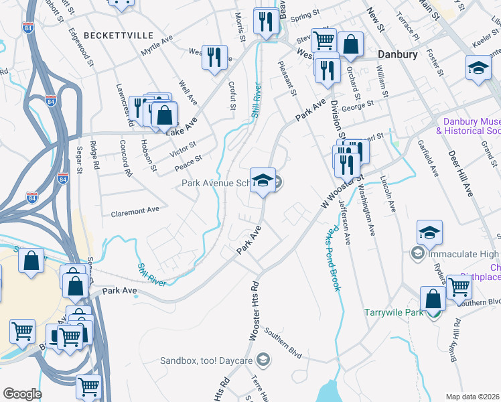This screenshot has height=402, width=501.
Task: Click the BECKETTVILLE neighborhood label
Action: [119, 35]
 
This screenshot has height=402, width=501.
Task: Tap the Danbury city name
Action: [398, 54]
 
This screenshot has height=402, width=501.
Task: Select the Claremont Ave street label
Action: [135, 210]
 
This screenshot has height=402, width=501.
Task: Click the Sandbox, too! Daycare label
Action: [206, 360]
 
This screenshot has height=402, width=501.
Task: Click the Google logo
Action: [22, 394]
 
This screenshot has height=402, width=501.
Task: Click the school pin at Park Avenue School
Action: [263, 180]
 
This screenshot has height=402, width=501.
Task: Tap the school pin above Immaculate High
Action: [429, 232]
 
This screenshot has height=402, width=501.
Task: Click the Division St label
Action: [337, 121]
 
